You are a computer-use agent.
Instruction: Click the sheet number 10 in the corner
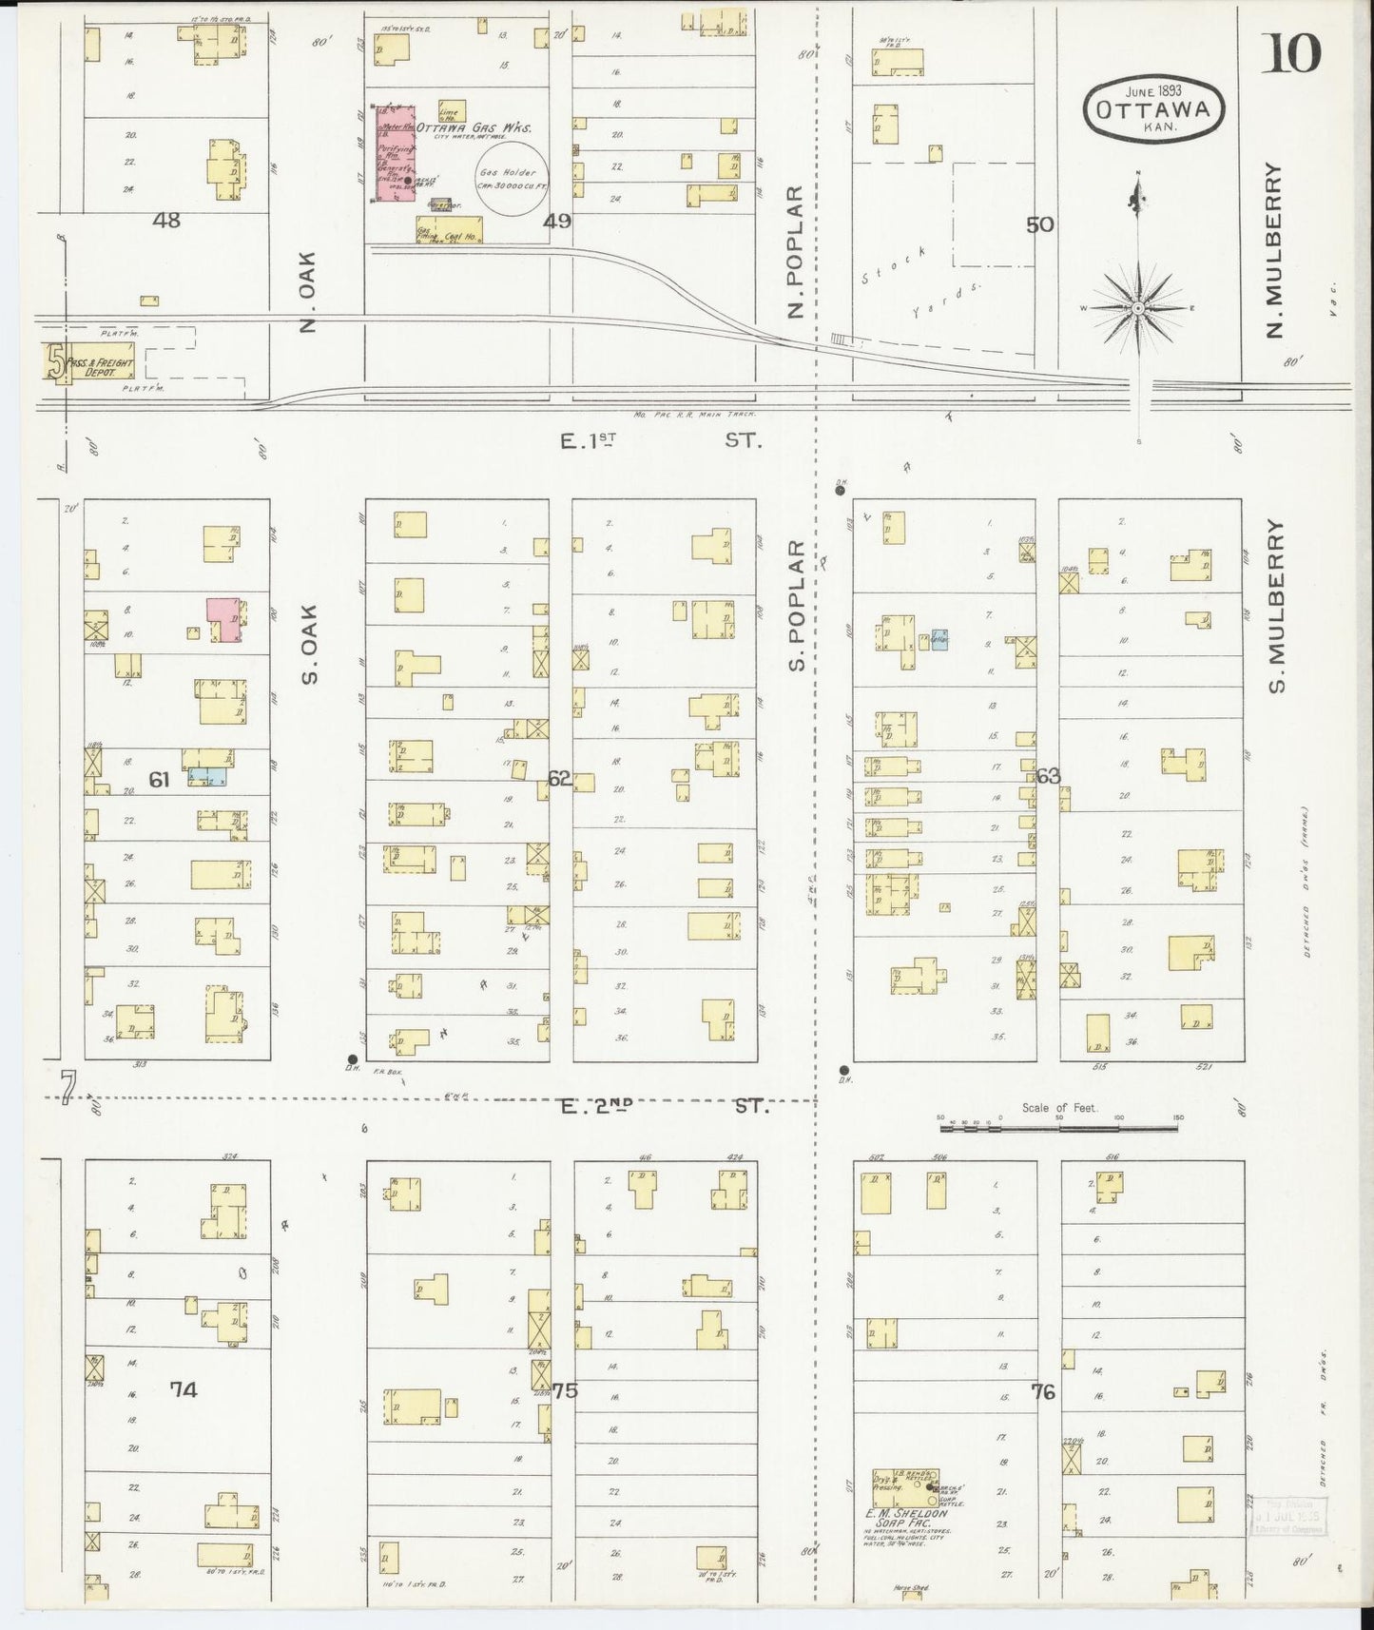pyautogui.click(x=1291, y=55)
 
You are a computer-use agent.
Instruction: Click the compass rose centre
pyautogui.click(x=1138, y=309)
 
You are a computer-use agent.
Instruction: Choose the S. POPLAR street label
pyautogui.click(x=797, y=605)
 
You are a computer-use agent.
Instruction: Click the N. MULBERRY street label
pyautogui.click(x=1273, y=250)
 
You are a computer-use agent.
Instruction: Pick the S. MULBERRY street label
pyautogui.click(x=1275, y=605)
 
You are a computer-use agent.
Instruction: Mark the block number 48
pyautogui.click(x=167, y=221)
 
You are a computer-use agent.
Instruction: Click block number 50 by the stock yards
pyautogui.click(x=1039, y=224)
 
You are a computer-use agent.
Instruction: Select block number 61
pyautogui.click(x=159, y=780)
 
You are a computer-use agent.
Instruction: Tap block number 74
pyautogui.click(x=184, y=1389)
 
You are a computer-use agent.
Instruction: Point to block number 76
pyautogui.click(x=1043, y=1391)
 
